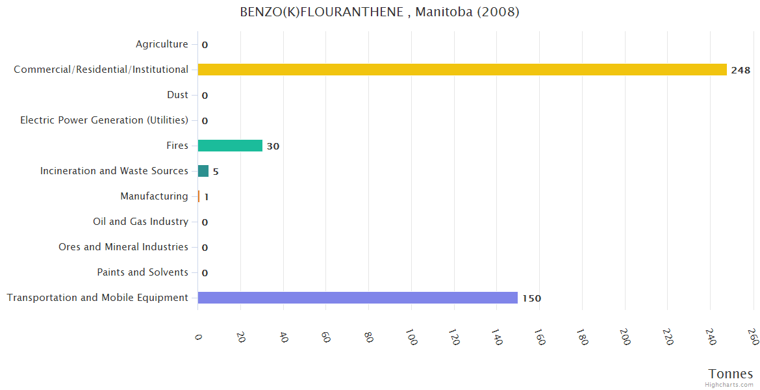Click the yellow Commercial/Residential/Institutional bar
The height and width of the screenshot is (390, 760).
coord(462,70)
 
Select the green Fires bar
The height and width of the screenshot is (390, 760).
coord(230,146)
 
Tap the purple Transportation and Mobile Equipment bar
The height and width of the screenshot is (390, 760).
coord(357,298)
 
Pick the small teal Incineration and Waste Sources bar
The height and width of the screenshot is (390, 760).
coord(203,171)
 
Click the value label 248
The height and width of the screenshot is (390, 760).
coord(741,70)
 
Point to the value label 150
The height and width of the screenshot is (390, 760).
coord(531,298)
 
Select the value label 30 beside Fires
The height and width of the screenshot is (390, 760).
coord(273,146)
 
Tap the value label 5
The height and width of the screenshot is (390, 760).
coord(216,172)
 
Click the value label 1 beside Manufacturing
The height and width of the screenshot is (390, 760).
coord(206,197)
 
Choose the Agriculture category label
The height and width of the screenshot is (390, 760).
coord(162,44)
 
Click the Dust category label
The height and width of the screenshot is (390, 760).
coord(177,95)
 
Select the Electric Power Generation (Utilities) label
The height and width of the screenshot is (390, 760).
coord(104,120)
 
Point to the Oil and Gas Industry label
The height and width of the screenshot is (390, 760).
coord(140,222)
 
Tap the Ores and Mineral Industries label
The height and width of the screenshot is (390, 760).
coord(123,247)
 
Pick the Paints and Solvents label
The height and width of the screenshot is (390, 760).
coord(142,272)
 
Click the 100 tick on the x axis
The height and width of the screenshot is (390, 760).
coord(411,337)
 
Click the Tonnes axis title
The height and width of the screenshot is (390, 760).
coord(731,374)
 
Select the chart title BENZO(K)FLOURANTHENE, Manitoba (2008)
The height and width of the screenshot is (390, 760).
coord(379,12)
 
